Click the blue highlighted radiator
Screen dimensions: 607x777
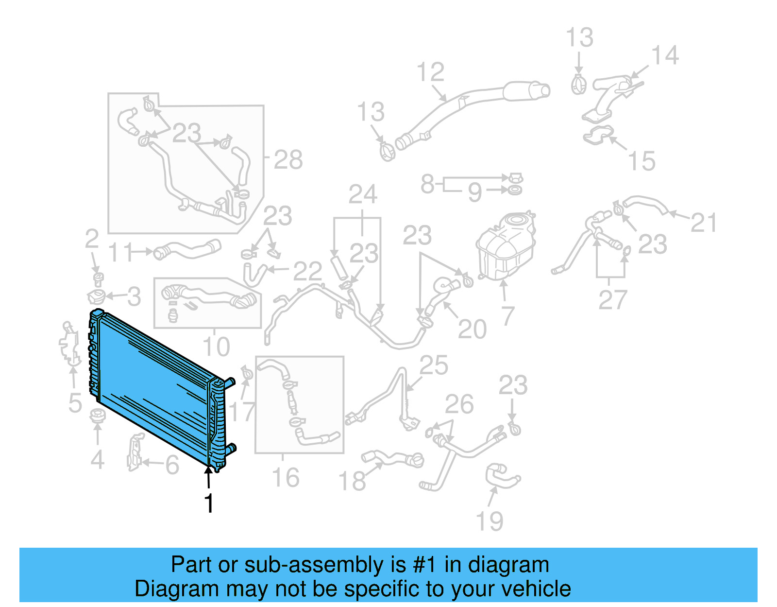(155, 384)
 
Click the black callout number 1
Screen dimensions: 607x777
(209, 503)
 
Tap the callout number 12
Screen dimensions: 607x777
(430, 72)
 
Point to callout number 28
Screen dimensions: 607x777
(288, 159)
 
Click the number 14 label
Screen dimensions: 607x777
(664, 55)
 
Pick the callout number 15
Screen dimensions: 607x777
(642, 161)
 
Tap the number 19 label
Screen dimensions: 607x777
(490, 521)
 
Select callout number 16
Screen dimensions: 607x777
(286, 478)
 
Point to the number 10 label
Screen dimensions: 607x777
(216, 347)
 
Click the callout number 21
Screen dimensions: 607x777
(703, 223)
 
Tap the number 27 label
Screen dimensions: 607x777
(613, 300)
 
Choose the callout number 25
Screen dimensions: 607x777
(434, 365)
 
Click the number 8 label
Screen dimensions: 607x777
(427, 184)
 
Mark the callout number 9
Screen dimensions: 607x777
(475, 192)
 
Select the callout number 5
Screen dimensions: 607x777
(75, 403)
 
